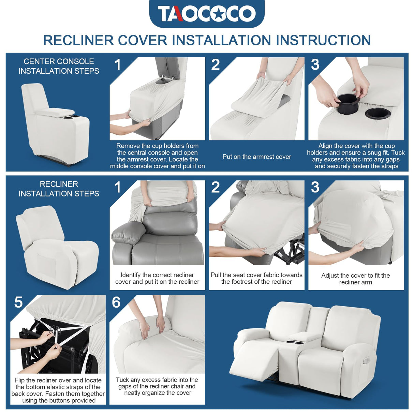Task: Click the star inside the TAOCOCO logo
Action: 219,14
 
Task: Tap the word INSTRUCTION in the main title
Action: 323,40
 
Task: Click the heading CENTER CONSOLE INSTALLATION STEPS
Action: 59,66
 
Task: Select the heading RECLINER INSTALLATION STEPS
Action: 59,189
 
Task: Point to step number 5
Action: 18,302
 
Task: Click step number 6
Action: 116,302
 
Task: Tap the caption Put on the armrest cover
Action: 256,157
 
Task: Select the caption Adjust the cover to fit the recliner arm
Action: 355,279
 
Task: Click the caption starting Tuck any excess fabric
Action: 157,386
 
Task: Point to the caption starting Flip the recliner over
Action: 58,390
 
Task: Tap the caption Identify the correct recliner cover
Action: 157,278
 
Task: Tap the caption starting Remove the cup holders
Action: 157,156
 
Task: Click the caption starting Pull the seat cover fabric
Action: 256,278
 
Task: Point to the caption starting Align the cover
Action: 356,156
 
